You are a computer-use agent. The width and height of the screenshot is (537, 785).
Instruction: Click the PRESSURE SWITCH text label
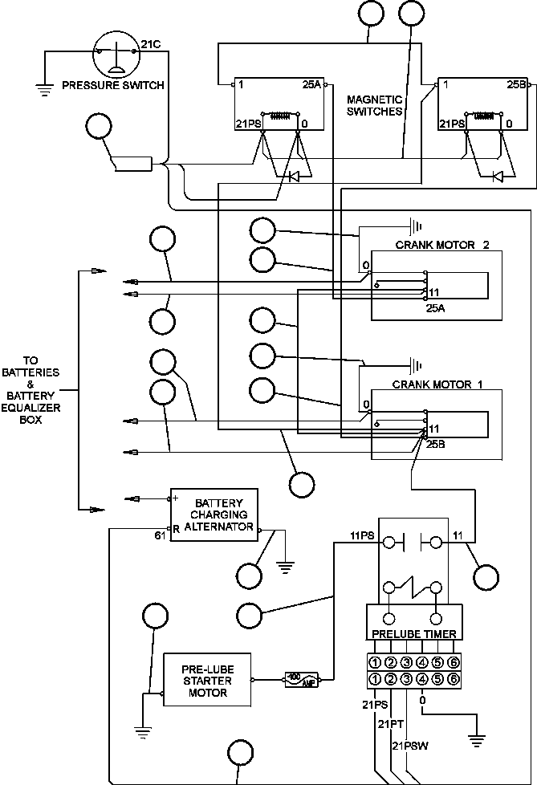pyautogui.click(x=113, y=85)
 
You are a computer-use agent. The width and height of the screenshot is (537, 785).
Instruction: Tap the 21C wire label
pyautogui.click(x=151, y=44)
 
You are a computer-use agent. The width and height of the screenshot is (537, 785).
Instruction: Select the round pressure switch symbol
pyautogui.click(x=116, y=52)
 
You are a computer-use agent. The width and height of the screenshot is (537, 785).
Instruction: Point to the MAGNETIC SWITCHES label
pyautogui.click(x=374, y=106)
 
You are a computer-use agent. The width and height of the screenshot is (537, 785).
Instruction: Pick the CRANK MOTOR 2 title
pyautogui.click(x=442, y=244)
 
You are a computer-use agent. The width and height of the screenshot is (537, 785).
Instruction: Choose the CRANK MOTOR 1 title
pyautogui.click(x=437, y=384)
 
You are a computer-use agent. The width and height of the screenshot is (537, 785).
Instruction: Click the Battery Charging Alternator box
pyautogui.click(x=214, y=515)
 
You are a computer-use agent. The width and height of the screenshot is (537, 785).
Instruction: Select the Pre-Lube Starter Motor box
pyautogui.click(x=207, y=680)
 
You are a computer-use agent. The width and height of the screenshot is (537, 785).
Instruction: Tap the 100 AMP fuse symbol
pyautogui.click(x=301, y=679)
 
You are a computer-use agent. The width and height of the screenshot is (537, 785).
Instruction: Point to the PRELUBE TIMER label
pyautogui.click(x=413, y=633)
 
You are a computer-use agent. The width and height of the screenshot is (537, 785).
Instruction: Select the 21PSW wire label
pyautogui.click(x=410, y=746)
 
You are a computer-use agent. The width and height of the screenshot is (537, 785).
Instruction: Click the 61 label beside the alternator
pyautogui.click(x=160, y=535)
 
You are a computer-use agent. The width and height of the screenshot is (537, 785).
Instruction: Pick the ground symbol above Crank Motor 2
pyautogui.click(x=415, y=226)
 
